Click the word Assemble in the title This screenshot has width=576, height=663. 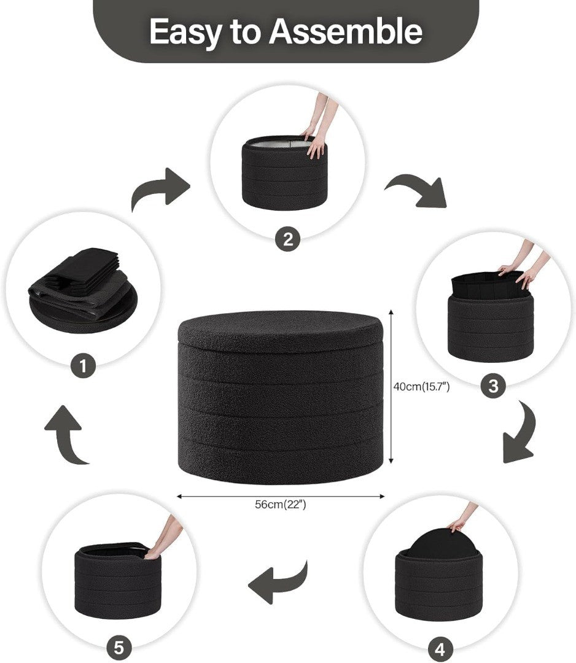tap(346, 31)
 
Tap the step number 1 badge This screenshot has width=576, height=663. tap(83, 365)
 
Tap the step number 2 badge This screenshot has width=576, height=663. tap(287, 239)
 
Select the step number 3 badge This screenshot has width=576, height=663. tap(493, 386)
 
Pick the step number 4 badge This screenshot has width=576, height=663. tap(440, 649)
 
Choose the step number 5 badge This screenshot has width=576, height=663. tap(119, 648)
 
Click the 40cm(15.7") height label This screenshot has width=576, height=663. tap(421, 387)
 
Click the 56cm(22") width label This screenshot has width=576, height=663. tap(280, 504)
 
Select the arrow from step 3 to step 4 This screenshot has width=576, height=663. tap(523, 435)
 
